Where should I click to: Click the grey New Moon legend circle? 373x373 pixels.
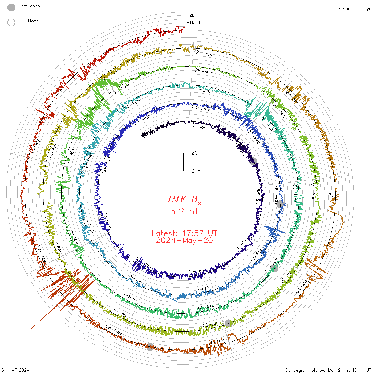pos(11,7)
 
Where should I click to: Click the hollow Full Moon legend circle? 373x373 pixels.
pos(11,22)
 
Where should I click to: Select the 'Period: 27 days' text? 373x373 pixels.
pos(354,9)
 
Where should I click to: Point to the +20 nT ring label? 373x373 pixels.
pos(194,15)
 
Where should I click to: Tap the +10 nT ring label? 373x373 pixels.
pos(194,22)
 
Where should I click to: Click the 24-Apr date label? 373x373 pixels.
pos(205,53)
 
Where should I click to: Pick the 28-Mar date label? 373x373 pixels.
pos(204,71)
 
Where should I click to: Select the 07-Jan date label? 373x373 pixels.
pos(198,126)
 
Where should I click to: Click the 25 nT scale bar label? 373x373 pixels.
pos(199,153)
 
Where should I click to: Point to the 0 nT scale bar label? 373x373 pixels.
pos(197,171)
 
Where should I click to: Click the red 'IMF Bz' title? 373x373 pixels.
pos(184,200)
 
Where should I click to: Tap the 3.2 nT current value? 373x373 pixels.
pos(184,212)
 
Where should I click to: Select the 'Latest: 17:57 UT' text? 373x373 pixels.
pos(184,233)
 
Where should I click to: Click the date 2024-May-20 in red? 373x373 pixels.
pos(184,241)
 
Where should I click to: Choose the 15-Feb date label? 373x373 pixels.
pos(201,289)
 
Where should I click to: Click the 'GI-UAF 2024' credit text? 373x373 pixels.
pos(15,370)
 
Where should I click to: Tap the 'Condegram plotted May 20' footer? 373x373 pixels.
pos(328,370)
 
